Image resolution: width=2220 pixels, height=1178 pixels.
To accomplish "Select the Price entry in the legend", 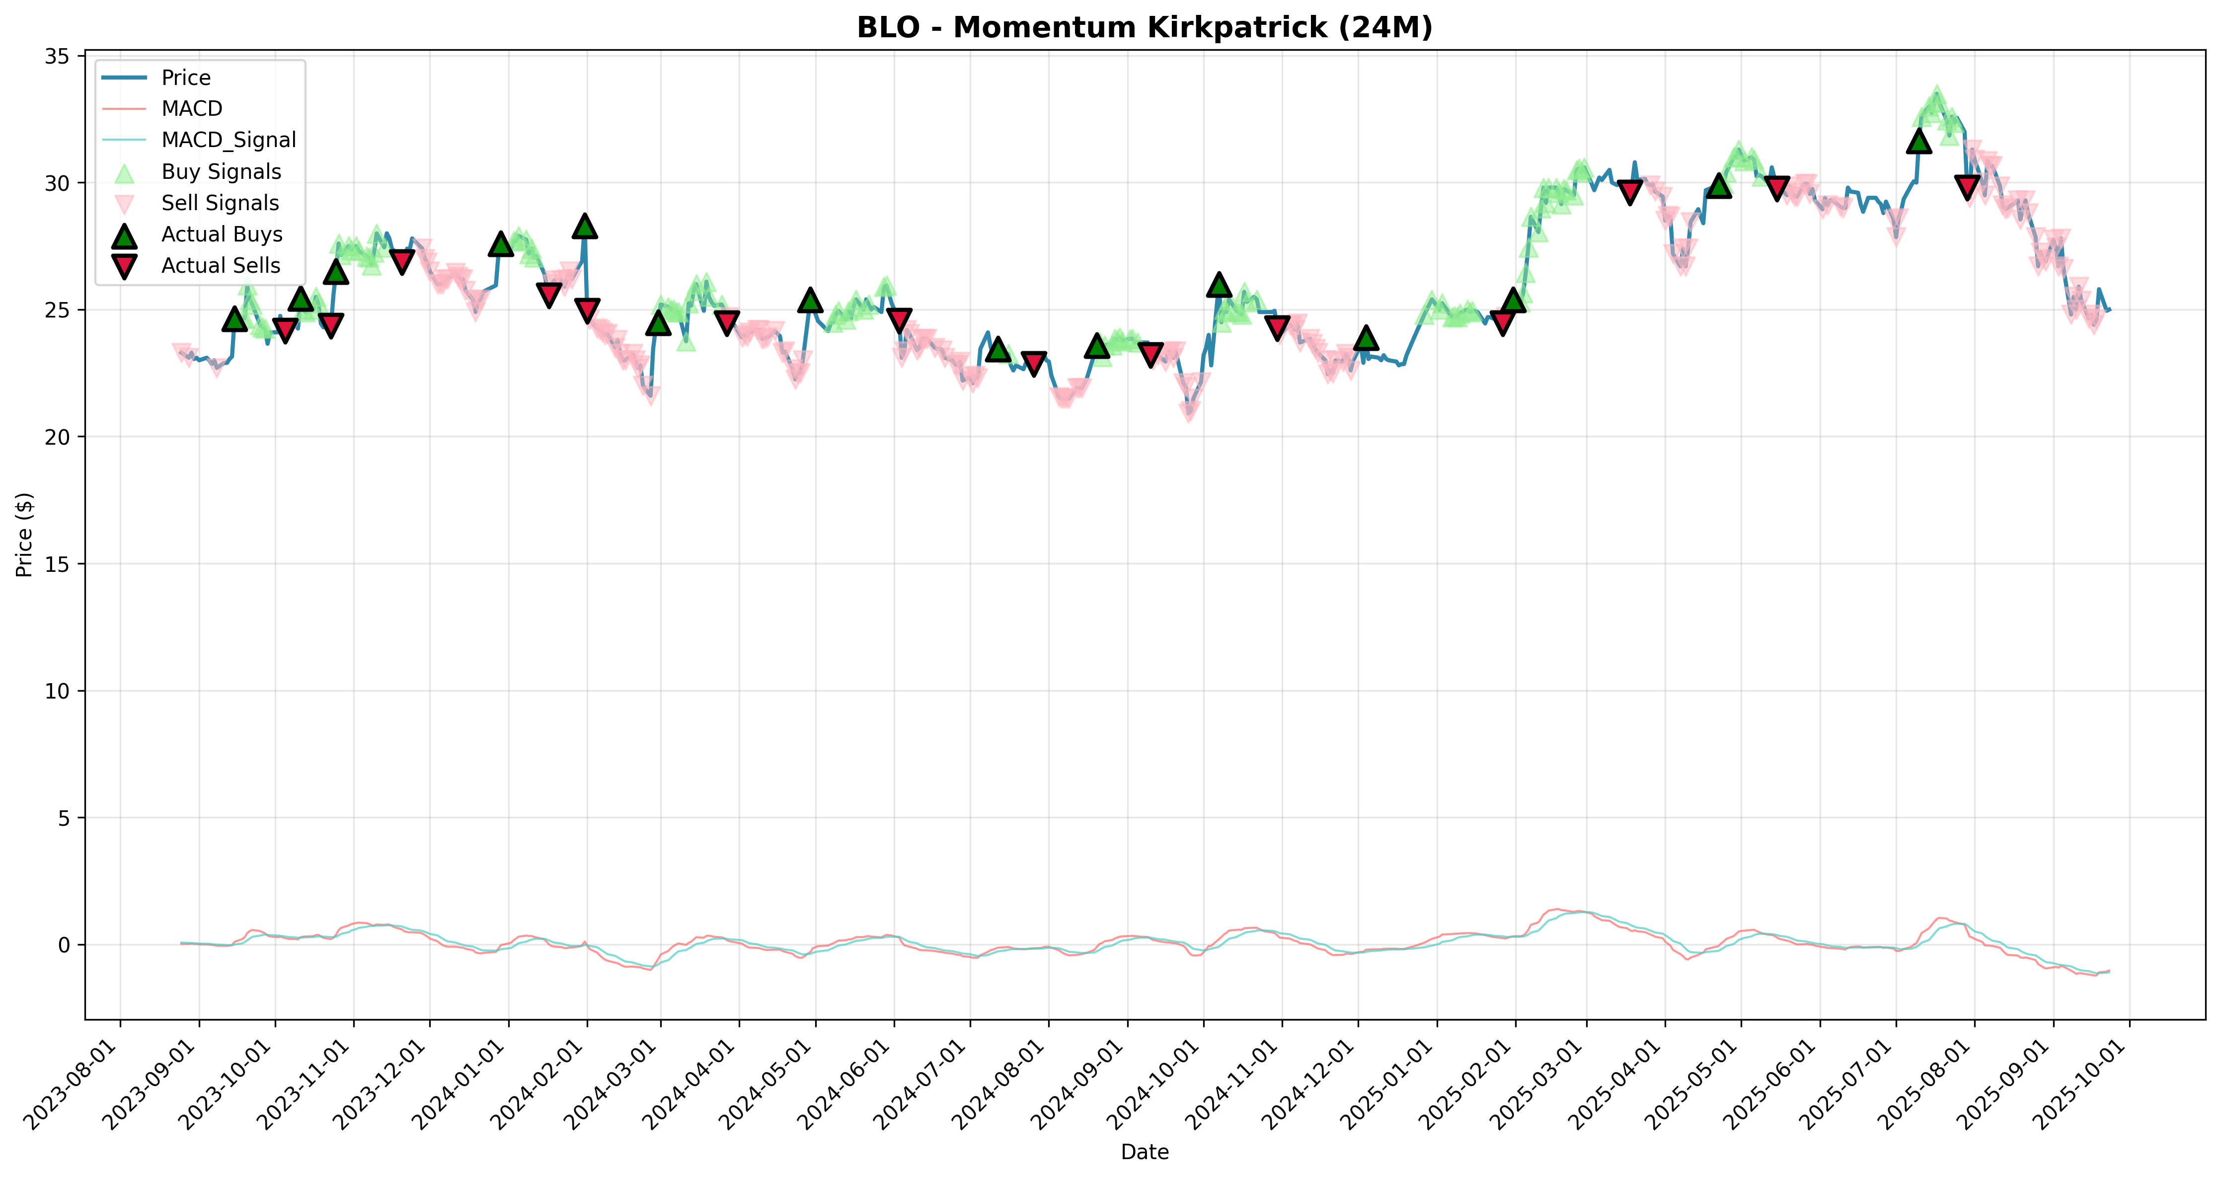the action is [185, 78].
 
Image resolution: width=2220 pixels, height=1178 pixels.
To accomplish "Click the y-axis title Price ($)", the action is [24, 534].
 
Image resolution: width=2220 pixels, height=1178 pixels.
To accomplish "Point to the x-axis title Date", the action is [1145, 1152].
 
